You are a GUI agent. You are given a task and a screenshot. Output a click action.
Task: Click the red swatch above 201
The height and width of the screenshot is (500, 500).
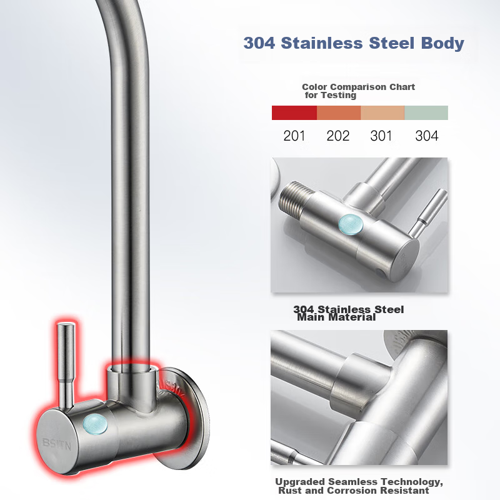[x=294, y=112]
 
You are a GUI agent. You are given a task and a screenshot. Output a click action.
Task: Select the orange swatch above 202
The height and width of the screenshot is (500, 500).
[x=339, y=112]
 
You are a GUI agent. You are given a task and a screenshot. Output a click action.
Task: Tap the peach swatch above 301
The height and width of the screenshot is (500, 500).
[x=382, y=112]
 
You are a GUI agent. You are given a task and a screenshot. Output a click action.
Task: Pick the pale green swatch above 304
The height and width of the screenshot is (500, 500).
[x=426, y=112]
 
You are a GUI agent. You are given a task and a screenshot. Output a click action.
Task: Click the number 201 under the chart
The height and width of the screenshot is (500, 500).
[x=294, y=136]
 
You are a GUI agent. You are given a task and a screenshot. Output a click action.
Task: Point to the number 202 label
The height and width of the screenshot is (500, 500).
[x=338, y=136]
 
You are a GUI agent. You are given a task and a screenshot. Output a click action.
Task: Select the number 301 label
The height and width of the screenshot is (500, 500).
[x=381, y=136]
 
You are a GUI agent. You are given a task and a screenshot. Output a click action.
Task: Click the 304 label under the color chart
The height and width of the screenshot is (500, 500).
[x=427, y=136]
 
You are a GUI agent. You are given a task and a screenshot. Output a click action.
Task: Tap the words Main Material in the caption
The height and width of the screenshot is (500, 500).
[x=336, y=317]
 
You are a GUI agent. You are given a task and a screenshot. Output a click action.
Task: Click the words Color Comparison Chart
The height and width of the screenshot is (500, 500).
[x=358, y=87]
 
